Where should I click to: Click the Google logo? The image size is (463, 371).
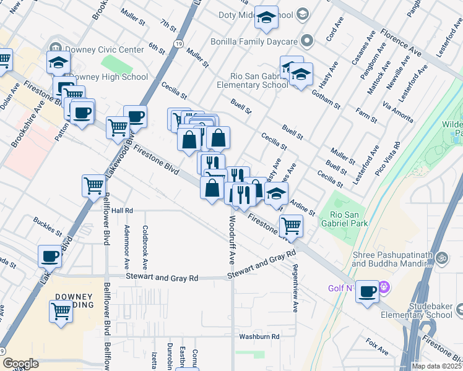click(20, 364)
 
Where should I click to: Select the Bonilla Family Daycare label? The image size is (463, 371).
click(264, 41)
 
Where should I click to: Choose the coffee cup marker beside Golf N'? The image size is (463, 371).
click(368, 291)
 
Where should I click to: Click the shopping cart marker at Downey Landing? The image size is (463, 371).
click(61, 313)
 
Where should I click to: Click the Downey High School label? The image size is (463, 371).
click(108, 77)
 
